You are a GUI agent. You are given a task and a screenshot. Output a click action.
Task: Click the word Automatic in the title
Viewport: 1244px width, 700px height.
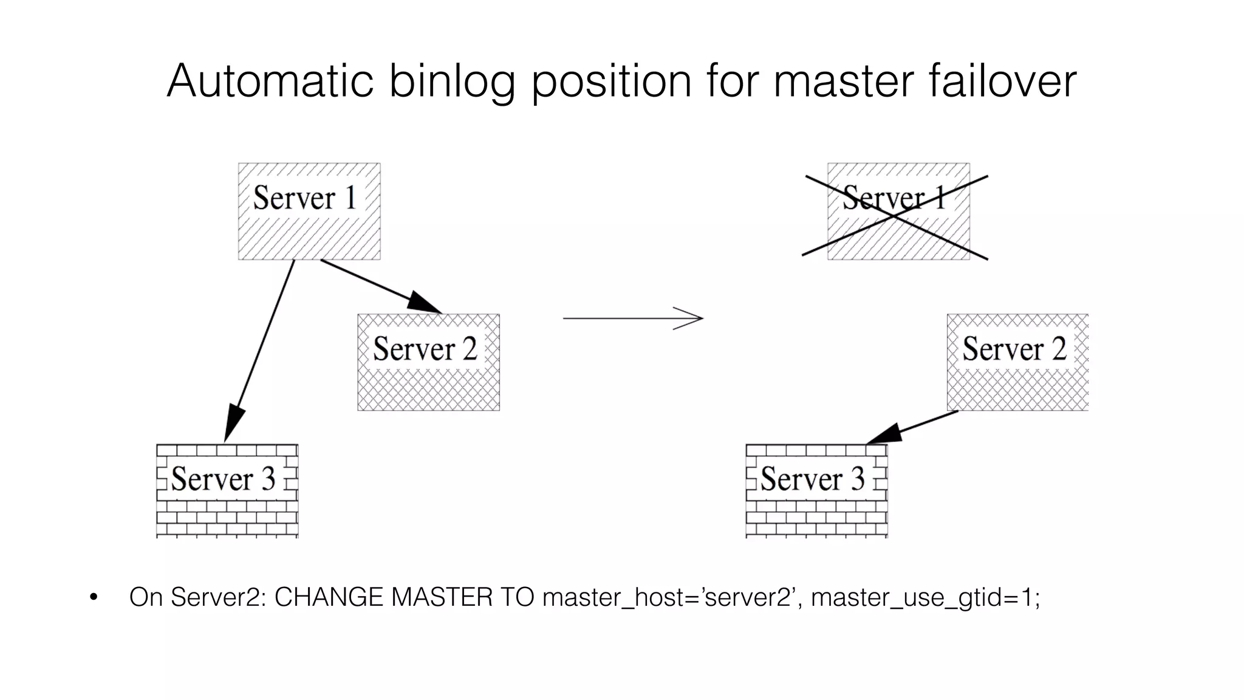[x=270, y=81]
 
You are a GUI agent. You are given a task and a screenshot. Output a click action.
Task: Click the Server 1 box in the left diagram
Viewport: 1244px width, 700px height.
[x=309, y=211]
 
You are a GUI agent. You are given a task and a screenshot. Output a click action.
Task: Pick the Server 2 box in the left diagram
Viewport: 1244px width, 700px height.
[x=428, y=362]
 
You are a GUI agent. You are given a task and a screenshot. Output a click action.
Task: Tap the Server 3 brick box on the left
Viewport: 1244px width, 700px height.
[x=227, y=490]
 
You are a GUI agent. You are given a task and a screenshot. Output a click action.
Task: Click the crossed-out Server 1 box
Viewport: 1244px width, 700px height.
[x=898, y=211]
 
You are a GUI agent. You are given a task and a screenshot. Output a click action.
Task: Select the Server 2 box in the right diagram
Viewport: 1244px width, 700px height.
[x=1017, y=362]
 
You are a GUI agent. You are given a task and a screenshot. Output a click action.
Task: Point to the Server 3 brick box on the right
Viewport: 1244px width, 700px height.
[x=816, y=490]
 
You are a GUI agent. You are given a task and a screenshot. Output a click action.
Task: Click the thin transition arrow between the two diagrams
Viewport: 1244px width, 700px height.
[x=632, y=318]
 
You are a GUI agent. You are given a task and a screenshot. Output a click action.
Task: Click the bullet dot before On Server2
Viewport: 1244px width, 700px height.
[x=93, y=597]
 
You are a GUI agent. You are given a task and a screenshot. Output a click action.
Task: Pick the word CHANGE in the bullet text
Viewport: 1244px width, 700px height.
[x=329, y=597]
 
